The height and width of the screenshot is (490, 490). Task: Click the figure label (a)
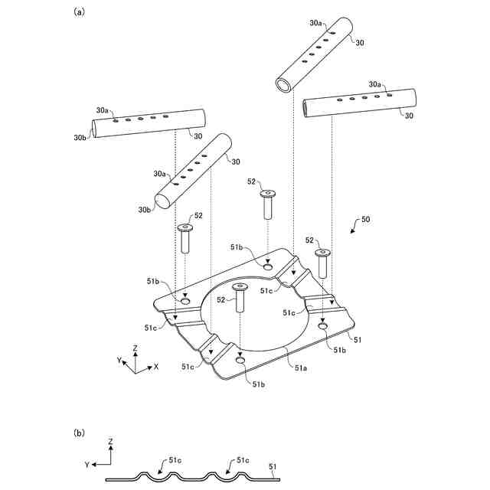(x=79, y=12)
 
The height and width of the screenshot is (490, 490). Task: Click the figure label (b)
(x=79, y=433)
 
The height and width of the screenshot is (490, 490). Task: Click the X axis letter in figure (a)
(x=156, y=367)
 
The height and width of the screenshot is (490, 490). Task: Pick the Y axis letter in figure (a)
(x=119, y=359)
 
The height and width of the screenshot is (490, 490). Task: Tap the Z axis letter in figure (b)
(x=111, y=443)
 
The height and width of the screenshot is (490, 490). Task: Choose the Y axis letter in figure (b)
(x=89, y=464)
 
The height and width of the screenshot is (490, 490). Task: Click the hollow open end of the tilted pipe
(x=284, y=83)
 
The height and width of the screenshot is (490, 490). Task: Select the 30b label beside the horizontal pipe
(x=79, y=138)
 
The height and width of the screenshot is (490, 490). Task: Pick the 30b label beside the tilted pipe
(x=143, y=209)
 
